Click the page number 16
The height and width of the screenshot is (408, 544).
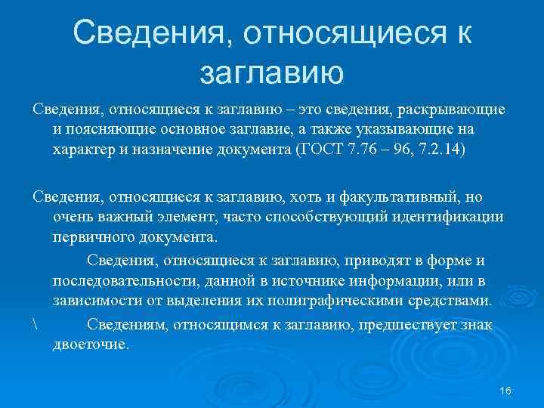(x=506, y=390)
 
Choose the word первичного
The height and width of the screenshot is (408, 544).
(x=89, y=236)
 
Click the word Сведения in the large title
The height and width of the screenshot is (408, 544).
(x=157, y=32)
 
